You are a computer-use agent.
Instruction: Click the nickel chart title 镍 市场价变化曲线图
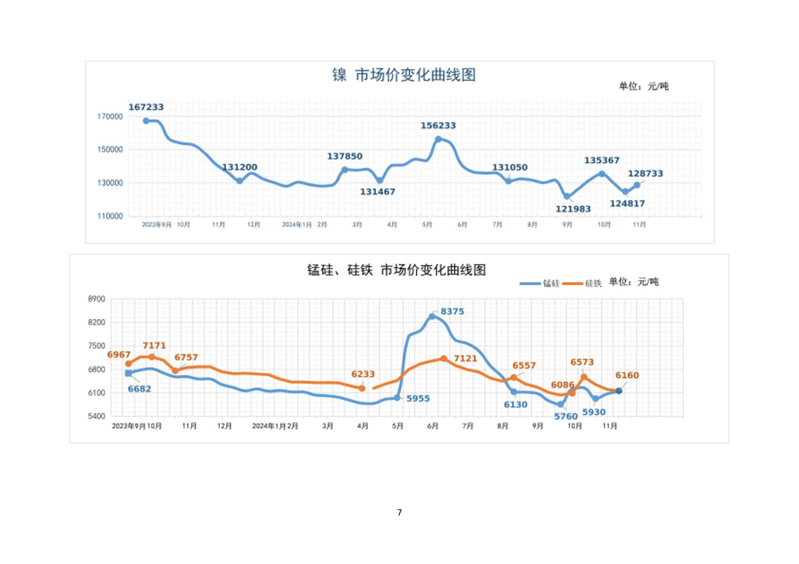click(403, 75)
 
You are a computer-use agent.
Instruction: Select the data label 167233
click(146, 107)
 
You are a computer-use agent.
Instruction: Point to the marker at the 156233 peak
click(438, 139)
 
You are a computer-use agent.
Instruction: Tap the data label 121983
click(573, 209)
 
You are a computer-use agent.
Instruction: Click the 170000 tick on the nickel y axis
click(110, 117)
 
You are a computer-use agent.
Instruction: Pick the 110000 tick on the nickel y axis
click(110, 216)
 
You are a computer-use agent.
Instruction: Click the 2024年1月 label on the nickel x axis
click(296, 225)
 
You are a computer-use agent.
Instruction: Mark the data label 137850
click(344, 156)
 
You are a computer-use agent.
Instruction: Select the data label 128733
click(645, 174)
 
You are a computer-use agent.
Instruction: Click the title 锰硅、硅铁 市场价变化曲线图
click(396, 270)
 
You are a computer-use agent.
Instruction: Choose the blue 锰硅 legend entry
click(540, 284)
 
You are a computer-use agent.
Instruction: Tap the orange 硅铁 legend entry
click(582, 284)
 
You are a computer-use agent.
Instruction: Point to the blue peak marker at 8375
click(432, 316)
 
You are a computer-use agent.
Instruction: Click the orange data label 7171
click(154, 346)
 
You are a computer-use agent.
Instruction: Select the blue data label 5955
click(418, 399)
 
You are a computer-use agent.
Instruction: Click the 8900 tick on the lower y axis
click(97, 299)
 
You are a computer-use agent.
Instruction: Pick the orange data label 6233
click(363, 374)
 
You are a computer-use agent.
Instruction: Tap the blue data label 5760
click(566, 416)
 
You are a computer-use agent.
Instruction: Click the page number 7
click(399, 513)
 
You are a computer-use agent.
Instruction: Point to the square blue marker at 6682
click(128, 373)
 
